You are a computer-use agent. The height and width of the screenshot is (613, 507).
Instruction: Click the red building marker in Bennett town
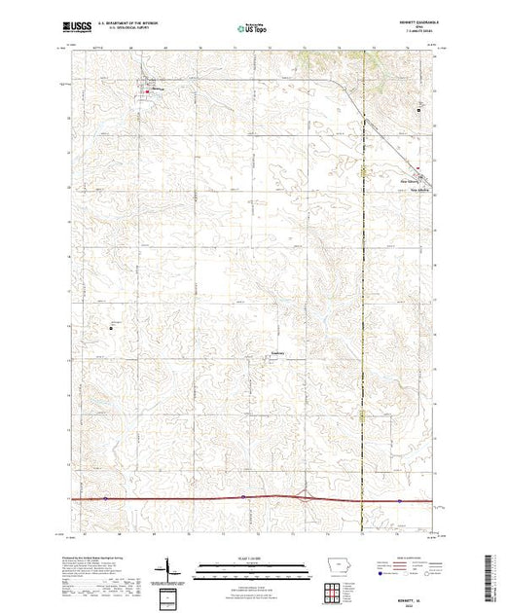click(x=147, y=91)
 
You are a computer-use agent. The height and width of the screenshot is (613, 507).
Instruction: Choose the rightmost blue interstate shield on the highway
click(x=398, y=498)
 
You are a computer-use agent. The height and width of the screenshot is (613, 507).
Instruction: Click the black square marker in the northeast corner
click(x=419, y=110)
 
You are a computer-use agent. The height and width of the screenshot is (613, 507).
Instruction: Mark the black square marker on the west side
click(x=110, y=327)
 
